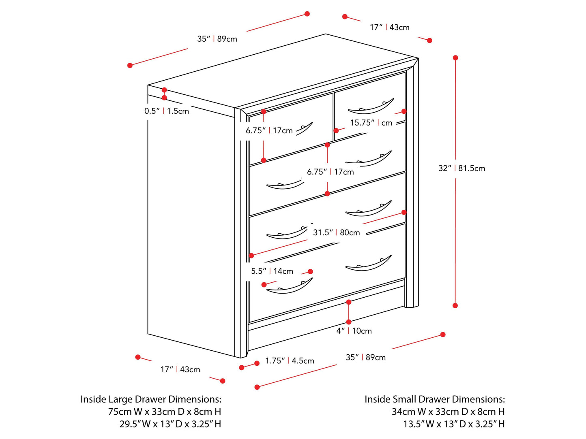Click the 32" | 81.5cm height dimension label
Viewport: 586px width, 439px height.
[462, 168]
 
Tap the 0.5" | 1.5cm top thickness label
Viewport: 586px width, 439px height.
[167, 111]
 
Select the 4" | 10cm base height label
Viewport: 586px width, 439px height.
[354, 331]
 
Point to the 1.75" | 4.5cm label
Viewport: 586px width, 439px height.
[290, 361]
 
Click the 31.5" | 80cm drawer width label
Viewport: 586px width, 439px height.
[336, 232]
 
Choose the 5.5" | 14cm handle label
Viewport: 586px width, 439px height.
[272, 271]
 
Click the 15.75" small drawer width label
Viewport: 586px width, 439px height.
[371, 123]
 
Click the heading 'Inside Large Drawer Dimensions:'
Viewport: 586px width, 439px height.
[151, 399]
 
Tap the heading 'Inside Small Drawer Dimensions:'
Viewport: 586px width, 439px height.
[435, 399]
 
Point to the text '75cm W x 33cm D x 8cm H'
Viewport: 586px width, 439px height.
[165, 412]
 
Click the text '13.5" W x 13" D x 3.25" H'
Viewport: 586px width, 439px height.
[454, 424]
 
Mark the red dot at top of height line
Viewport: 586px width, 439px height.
[455, 58]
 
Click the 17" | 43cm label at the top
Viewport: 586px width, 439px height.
[389, 28]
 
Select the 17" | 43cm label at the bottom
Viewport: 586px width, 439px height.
[180, 369]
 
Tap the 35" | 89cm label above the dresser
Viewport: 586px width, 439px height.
[217, 39]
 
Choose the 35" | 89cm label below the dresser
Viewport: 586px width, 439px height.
[365, 357]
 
